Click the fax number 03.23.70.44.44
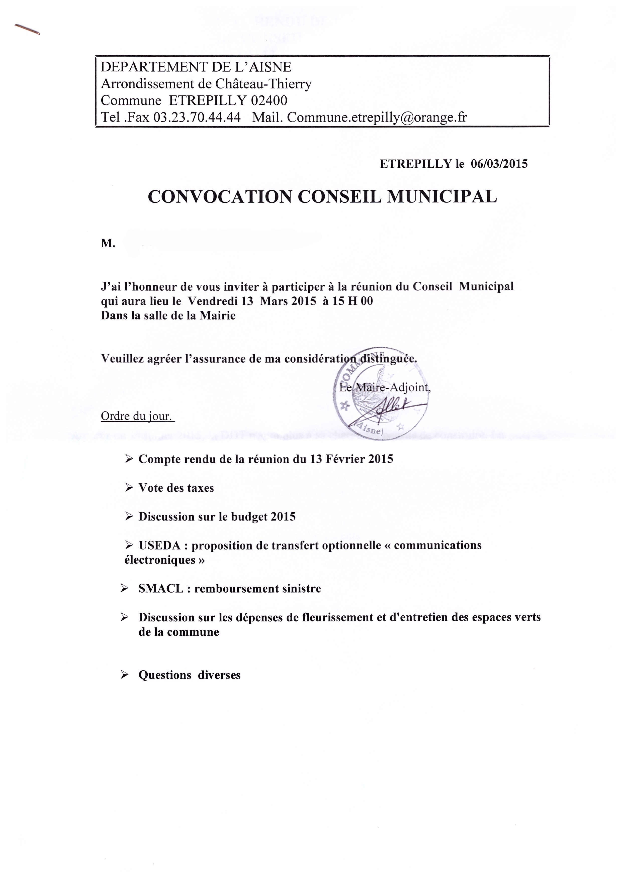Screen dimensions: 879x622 pyautogui.click(x=197, y=117)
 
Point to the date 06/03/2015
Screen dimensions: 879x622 pyautogui.click(x=499, y=164)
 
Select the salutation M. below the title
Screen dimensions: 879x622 pyautogui.click(x=108, y=243)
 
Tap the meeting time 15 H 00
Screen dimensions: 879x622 pyautogui.click(x=352, y=301)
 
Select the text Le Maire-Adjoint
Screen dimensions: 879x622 pyautogui.click(x=385, y=387)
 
